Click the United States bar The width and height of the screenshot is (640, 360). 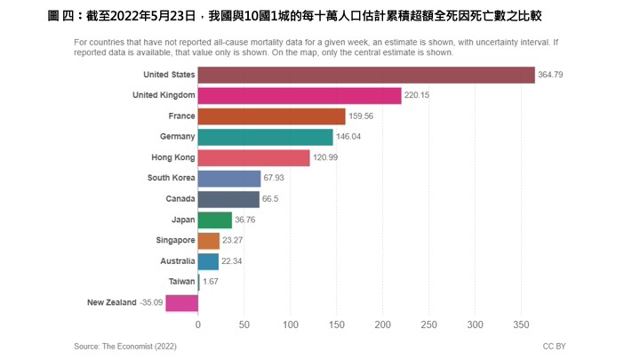[x=366, y=76]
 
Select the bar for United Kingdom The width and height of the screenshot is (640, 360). [x=300, y=96]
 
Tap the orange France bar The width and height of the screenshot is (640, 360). [x=271, y=116]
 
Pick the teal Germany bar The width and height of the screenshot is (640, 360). [x=265, y=137]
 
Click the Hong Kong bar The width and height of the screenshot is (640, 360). [x=253, y=157]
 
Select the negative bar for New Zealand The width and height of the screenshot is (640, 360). [x=181, y=302]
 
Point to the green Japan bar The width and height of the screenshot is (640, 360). [x=214, y=220]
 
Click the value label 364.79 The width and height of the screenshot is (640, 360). [x=553, y=76]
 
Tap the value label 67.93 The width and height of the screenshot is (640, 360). [x=276, y=179]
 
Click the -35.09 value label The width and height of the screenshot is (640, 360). [x=150, y=302]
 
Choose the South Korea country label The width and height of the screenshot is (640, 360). [x=171, y=178]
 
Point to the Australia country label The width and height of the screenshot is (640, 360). [x=175, y=261]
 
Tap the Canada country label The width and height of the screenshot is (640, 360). [x=180, y=199]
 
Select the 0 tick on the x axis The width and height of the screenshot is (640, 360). [x=198, y=324]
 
